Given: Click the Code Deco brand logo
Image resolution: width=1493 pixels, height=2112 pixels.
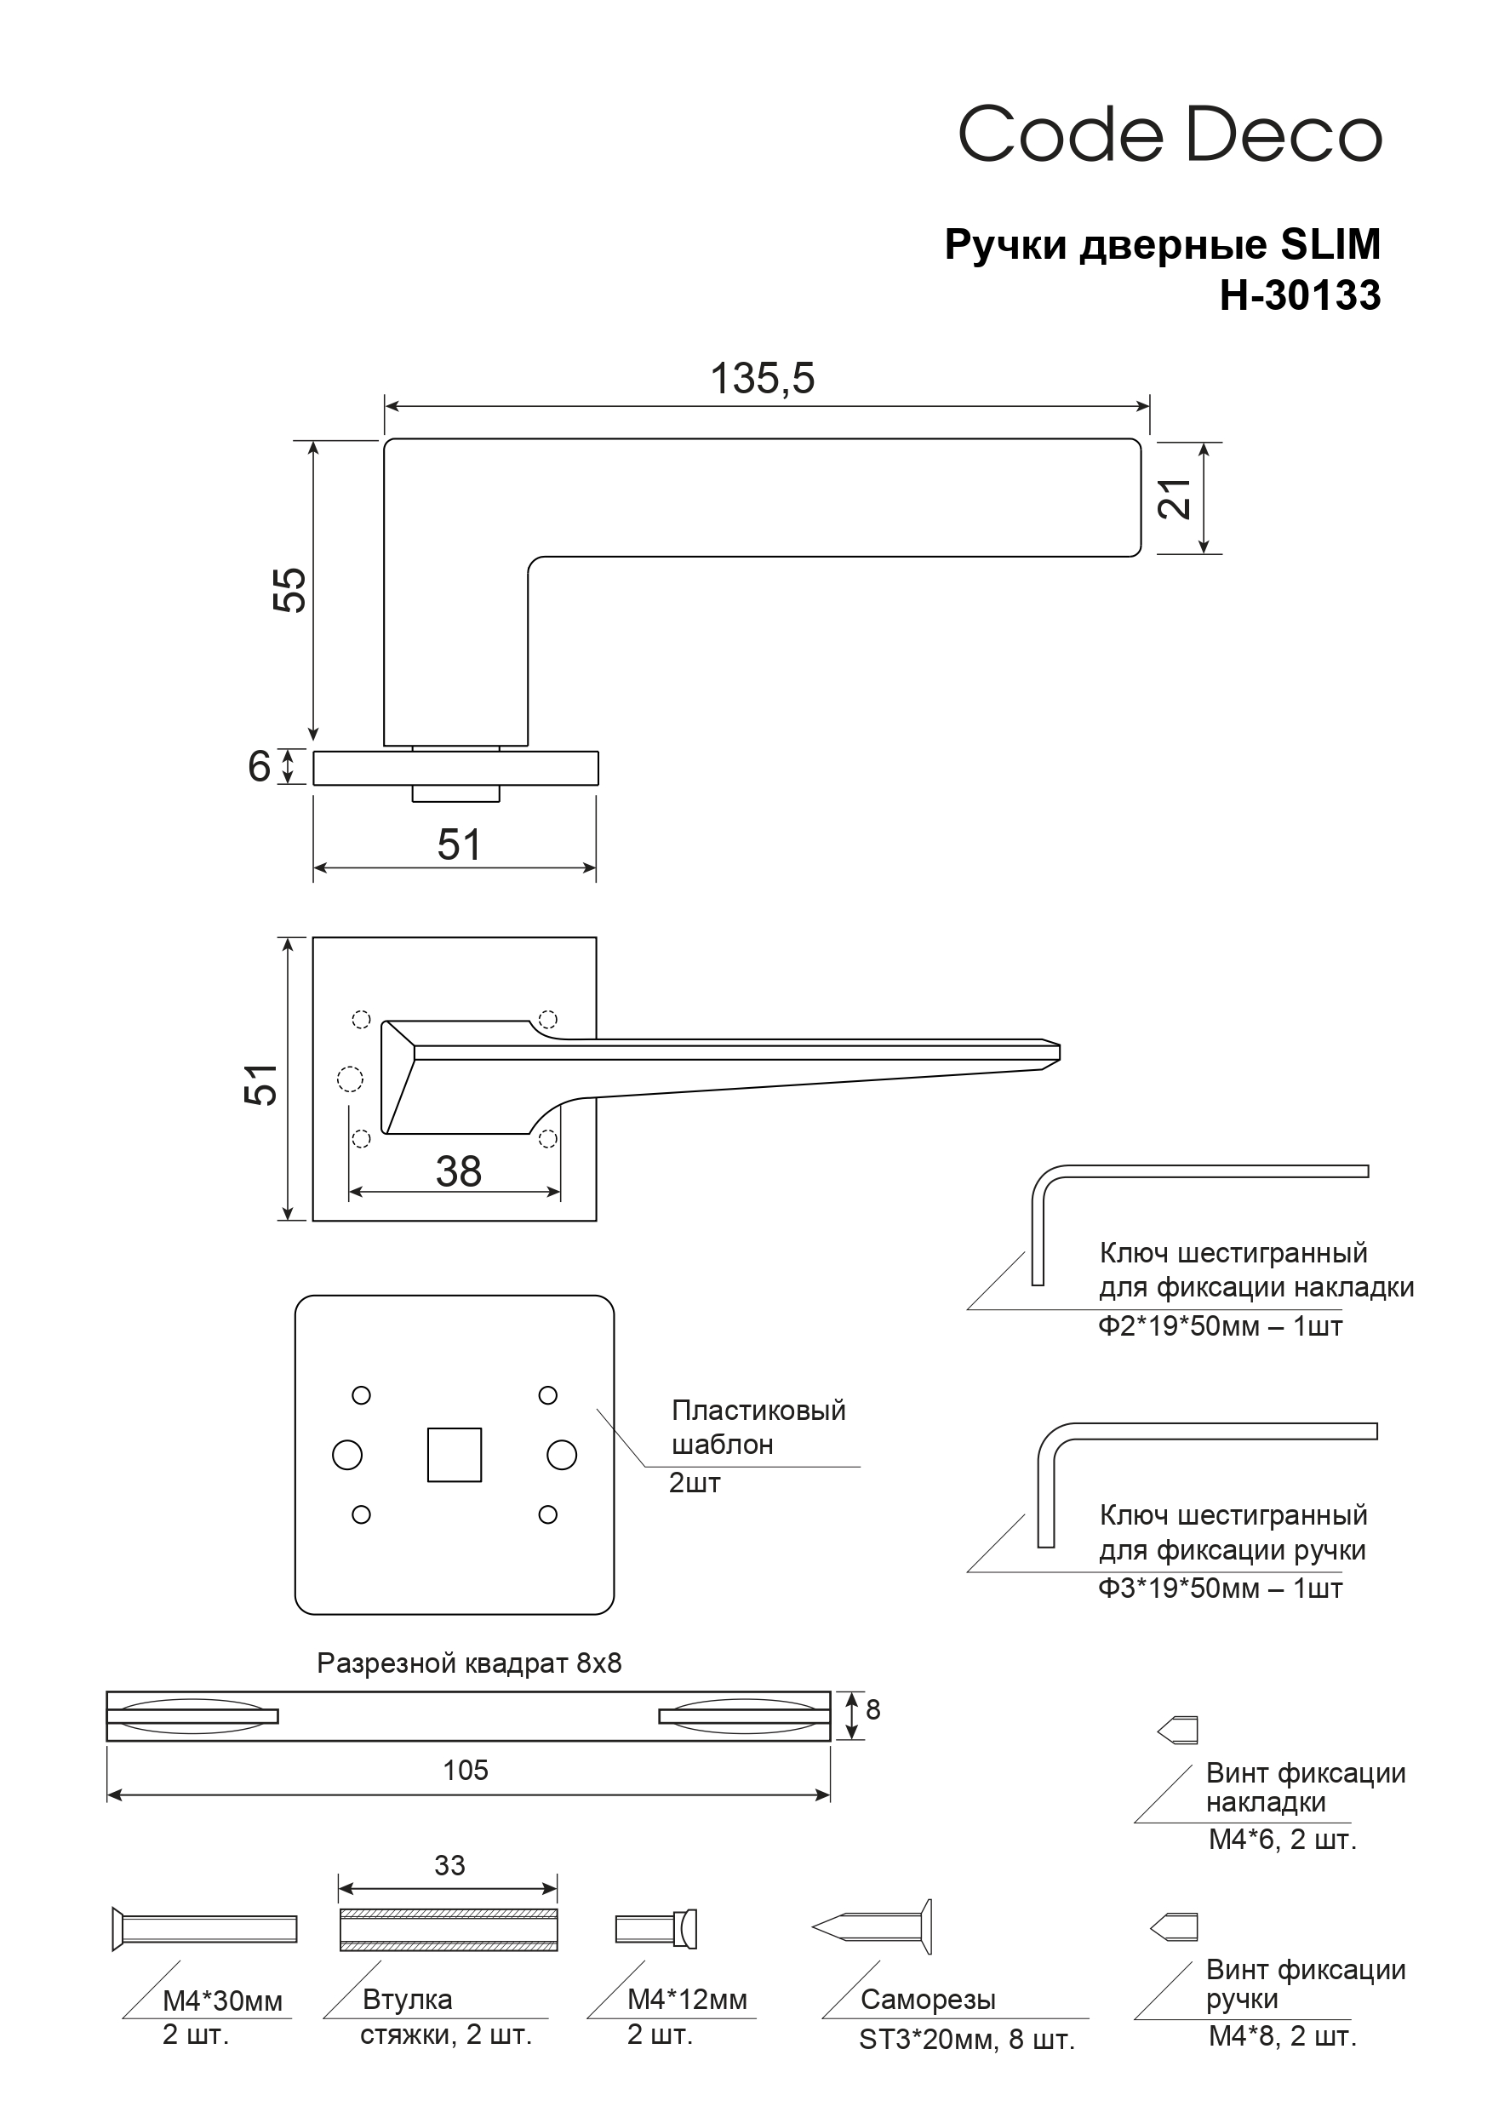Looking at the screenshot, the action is point(1170,135).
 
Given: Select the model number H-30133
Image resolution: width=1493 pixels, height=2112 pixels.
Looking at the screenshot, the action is point(1300,295).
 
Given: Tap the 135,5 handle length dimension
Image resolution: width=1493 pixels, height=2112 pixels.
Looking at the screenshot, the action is point(763,378).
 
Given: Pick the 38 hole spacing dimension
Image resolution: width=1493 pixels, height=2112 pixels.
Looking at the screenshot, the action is point(458,1171).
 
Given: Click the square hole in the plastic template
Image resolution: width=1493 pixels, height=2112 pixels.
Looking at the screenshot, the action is point(455,1454).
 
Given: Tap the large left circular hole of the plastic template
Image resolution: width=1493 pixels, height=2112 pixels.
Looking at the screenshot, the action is point(346,1454).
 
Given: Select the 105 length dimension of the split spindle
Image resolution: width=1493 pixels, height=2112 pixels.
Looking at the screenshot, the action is point(466,1769).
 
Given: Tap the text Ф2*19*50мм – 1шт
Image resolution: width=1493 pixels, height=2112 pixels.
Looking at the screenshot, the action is point(1220,1325).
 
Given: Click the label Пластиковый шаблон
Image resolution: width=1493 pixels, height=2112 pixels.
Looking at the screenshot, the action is point(759,1427).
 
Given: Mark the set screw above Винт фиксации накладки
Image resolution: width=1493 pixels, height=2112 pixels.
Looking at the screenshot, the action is point(1177,1731).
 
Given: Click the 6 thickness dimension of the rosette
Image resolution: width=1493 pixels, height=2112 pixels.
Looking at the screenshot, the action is point(260,766).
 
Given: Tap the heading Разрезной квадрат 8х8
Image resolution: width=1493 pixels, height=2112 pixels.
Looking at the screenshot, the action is point(469,1663).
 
